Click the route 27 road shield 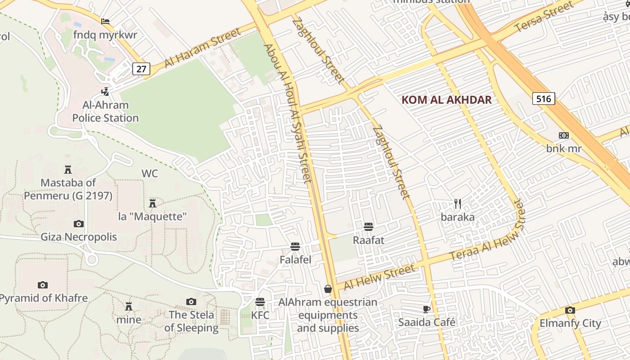tap(141, 69)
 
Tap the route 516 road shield tap(544, 99)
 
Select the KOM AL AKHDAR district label tap(446, 100)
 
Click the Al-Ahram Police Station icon tap(105, 92)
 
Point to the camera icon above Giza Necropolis tap(79, 224)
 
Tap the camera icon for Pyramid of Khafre tap(43, 285)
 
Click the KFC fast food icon tap(260, 302)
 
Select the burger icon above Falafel tap(295, 247)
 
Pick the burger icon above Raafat tap(369, 226)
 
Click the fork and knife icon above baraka tap(458, 204)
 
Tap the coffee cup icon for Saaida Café tap(427, 309)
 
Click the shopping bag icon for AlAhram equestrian tap(328, 289)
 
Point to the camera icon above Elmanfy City tap(570, 310)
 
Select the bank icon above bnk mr tap(564, 135)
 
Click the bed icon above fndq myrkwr tap(105, 21)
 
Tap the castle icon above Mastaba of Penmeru tap(68, 169)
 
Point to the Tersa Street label tap(544, 17)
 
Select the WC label tap(150, 174)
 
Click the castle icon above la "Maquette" tap(153, 203)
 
